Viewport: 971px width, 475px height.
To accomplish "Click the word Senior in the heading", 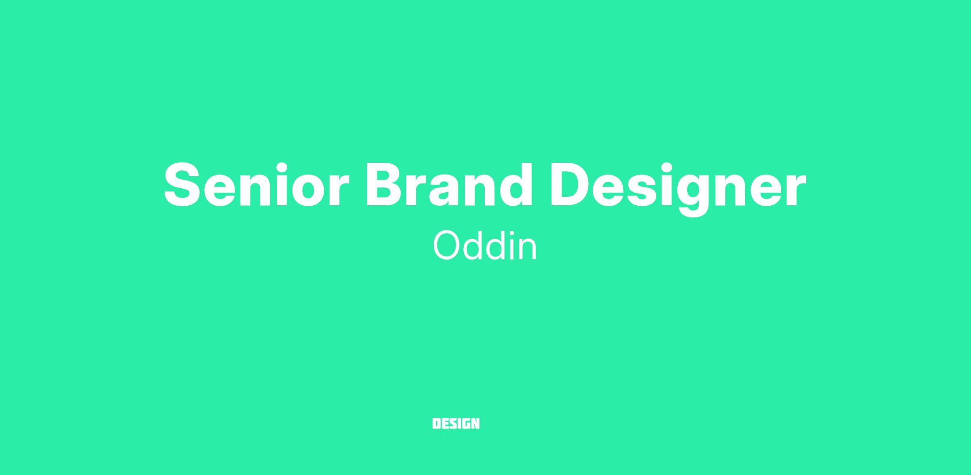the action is coord(257,185).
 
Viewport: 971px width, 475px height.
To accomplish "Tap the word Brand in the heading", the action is coord(449,185).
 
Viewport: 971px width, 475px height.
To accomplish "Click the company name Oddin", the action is coord(485,245).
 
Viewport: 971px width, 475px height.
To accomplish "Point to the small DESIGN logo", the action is coord(456,424).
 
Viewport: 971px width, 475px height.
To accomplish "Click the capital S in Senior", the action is coord(182,185).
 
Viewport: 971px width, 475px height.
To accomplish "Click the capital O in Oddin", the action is coord(446,246).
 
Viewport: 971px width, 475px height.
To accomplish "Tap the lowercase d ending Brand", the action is coord(515,185).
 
